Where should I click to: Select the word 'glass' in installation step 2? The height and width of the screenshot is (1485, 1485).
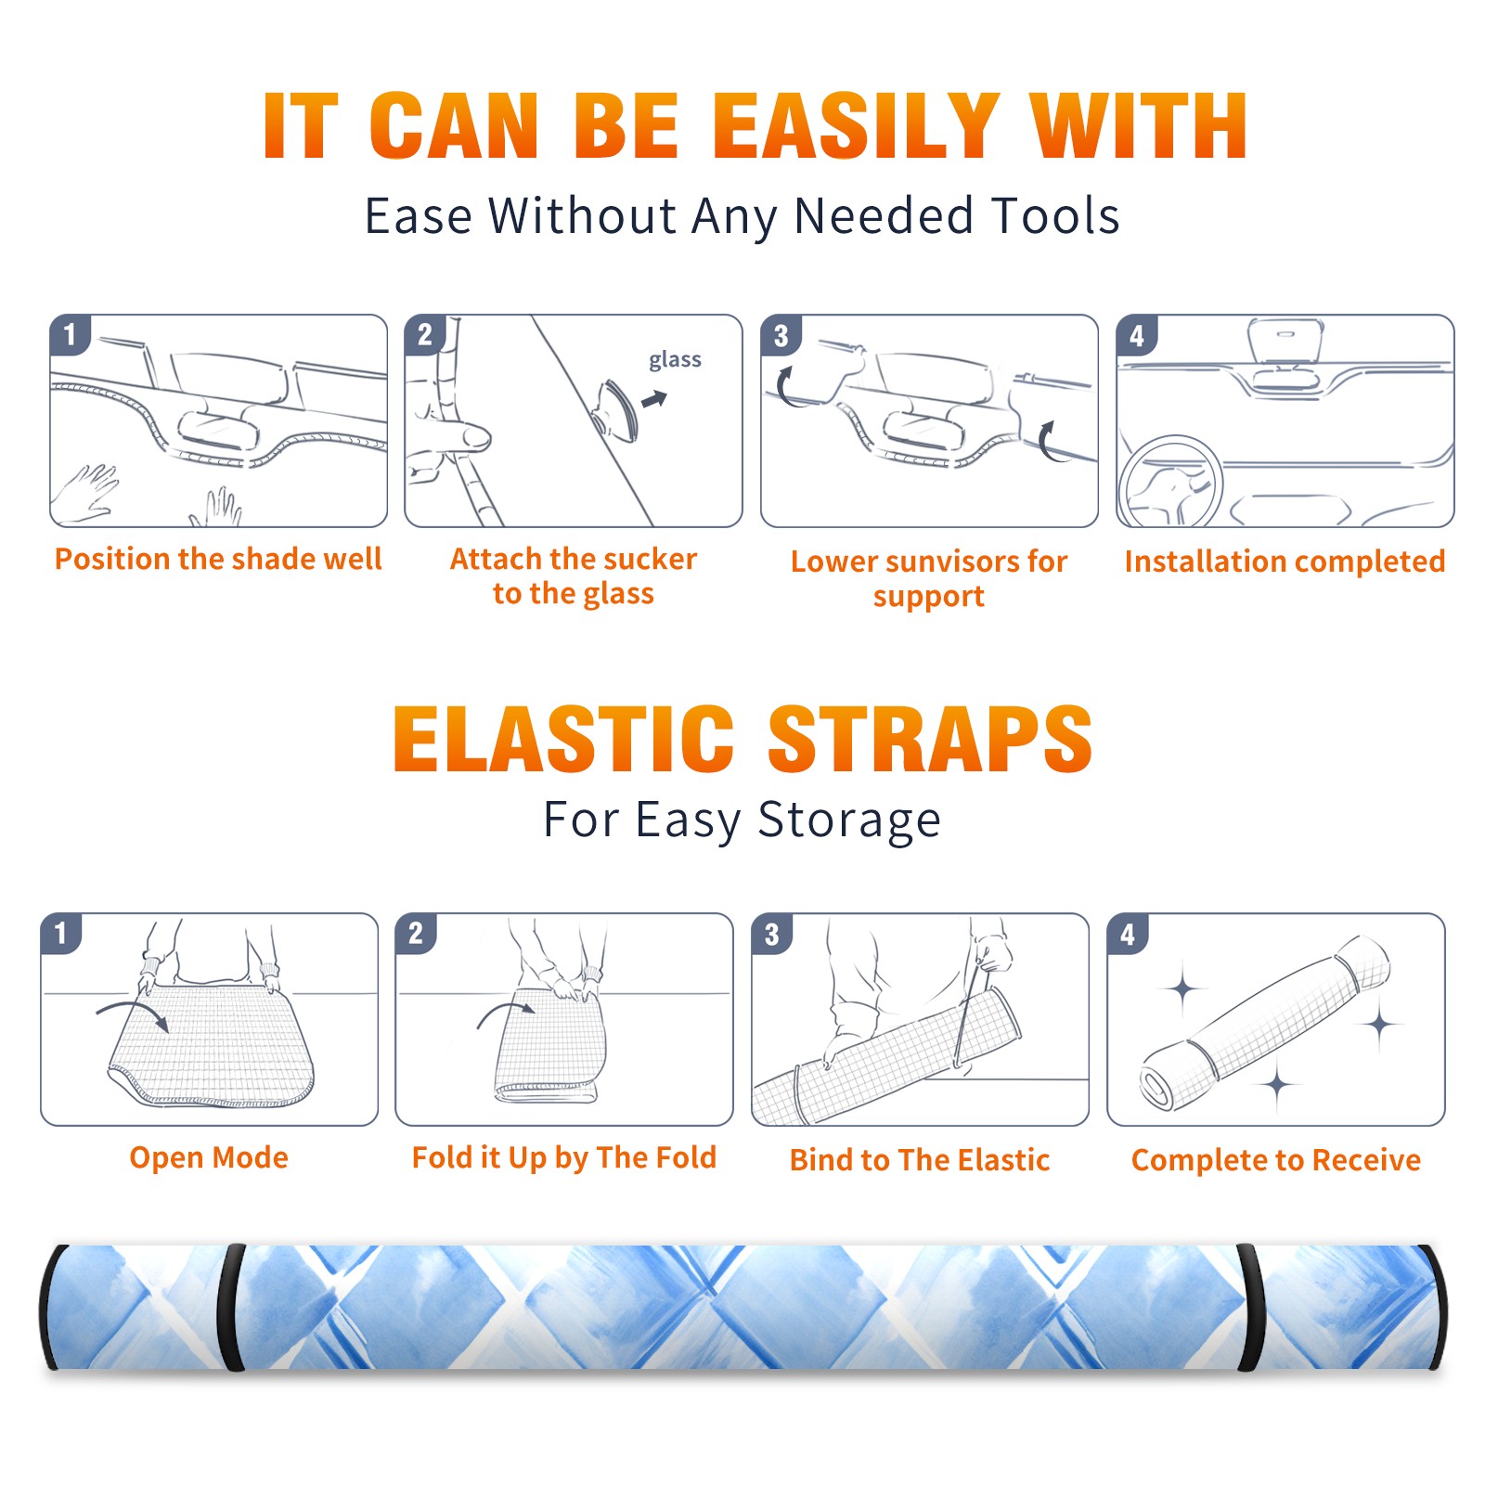[x=675, y=360]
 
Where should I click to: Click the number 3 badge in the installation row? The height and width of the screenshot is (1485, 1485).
[x=781, y=335]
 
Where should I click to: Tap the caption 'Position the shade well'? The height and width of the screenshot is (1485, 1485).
[x=218, y=559]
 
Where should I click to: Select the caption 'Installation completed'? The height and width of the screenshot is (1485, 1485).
[x=1285, y=561]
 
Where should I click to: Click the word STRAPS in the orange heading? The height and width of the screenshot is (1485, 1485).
[x=930, y=739]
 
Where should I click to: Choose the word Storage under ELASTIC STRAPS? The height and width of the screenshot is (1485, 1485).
[x=849, y=820]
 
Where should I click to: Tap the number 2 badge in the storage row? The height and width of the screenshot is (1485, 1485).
[x=415, y=933]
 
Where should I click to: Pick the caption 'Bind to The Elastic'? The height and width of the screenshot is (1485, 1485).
[x=919, y=1159]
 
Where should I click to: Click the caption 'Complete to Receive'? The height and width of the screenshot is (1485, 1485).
[x=1275, y=1159]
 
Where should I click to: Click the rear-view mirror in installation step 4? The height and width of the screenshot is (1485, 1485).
[x=1285, y=343]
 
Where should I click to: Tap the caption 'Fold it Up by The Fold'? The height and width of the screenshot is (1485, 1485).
[x=563, y=1157]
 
